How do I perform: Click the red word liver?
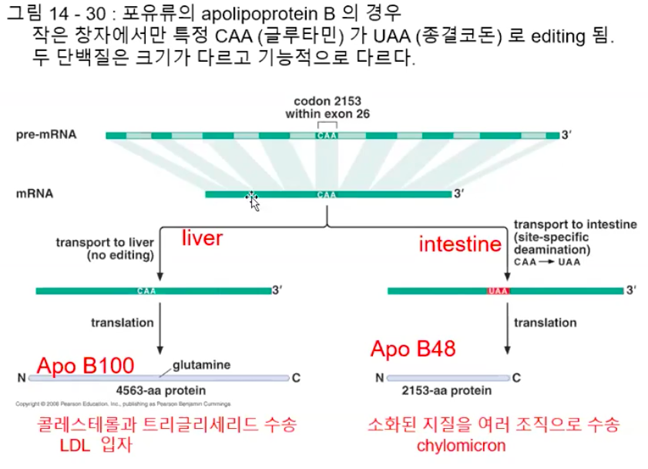202,238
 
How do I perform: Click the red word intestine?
460,245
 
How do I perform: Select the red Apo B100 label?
86,364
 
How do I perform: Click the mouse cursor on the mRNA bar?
253,200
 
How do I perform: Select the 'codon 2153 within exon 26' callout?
327,107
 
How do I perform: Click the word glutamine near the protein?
201,363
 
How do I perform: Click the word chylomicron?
461,446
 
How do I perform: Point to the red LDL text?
77,446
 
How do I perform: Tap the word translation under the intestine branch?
546,322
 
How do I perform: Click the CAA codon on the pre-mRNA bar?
326,136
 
